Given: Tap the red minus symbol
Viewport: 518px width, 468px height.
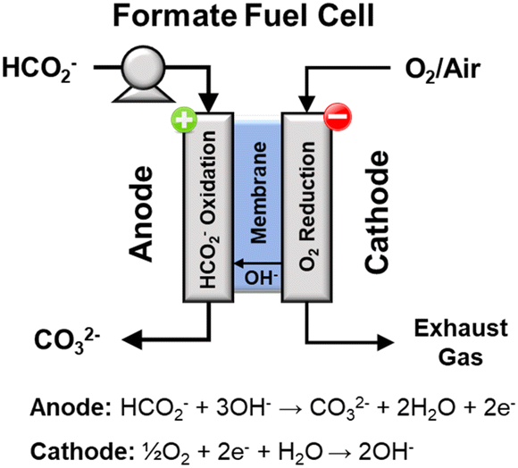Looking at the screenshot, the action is tap(338, 117).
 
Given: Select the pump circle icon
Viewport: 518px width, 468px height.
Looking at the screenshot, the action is tap(144, 67).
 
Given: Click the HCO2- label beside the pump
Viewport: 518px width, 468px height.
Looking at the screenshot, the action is tap(39, 70).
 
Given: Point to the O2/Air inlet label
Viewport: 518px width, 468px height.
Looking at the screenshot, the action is tap(443, 71).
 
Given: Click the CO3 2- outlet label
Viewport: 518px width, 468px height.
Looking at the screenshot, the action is tap(67, 340).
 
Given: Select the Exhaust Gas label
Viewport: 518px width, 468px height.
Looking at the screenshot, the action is tap(461, 342).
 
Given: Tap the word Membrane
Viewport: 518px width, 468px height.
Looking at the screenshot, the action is tap(258, 193).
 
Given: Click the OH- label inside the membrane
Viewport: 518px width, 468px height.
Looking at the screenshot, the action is tap(261, 278).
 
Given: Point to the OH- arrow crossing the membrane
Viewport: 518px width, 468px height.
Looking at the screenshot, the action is tap(258, 263).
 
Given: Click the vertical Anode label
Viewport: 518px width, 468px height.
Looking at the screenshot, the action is tap(141, 214).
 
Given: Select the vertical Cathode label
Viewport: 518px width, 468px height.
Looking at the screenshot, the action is tap(376, 212).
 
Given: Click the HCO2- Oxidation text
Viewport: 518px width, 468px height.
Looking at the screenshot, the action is tap(208, 210).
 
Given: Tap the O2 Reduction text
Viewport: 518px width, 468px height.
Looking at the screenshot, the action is tap(308, 206).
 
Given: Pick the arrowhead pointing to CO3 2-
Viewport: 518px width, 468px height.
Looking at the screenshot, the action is tap(132, 339).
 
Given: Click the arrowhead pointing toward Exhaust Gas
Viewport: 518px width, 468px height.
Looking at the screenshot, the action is tap(385, 342).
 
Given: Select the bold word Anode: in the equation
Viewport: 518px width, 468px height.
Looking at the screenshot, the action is tap(71, 407).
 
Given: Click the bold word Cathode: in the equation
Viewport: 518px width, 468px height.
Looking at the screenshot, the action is tap(80, 451).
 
